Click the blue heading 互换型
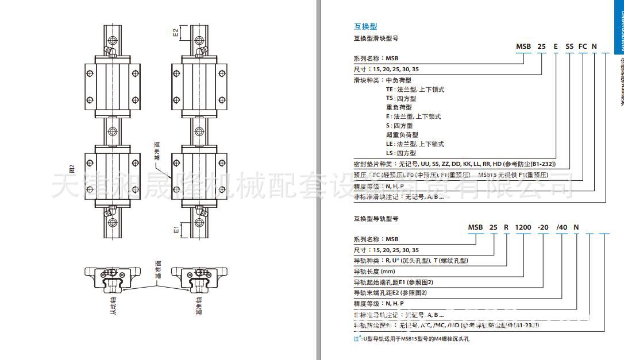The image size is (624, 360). [x=365, y=26]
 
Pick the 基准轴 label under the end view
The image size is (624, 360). [x=199, y=303]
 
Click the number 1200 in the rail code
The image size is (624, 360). [x=523, y=227]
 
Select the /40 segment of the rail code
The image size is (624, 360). [x=561, y=227]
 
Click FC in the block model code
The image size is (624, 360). [x=582, y=46]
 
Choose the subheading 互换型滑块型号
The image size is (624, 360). [x=376, y=38]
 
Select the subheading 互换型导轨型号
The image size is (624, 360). [x=376, y=219]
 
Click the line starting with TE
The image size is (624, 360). [x=415, y=90]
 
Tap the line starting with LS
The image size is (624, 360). [x=401, y=153]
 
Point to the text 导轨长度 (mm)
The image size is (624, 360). [x=374, y=272]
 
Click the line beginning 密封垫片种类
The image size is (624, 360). [x=454, y=164]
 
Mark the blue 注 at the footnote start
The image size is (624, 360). [x=356, y=339]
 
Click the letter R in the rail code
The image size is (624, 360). [x=506, y=227]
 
